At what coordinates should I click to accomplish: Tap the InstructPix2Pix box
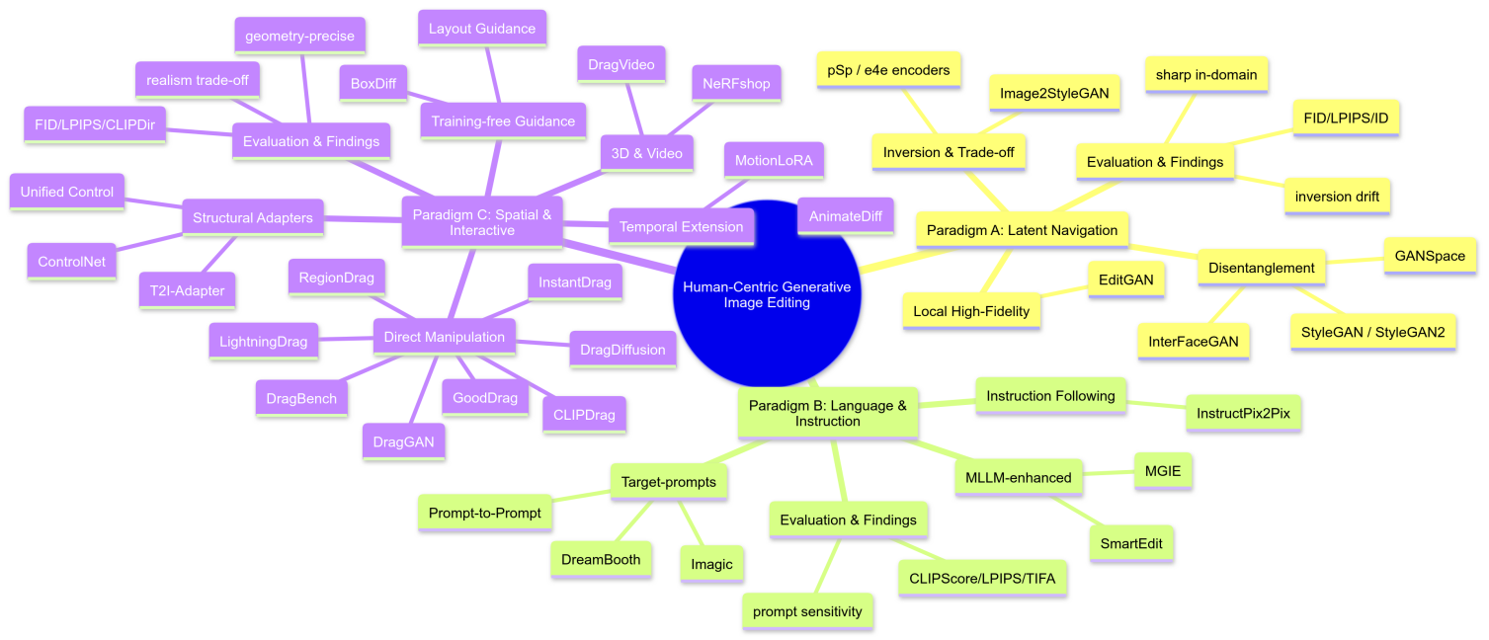[1243, 413]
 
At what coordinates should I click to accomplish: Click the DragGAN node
[403, 440]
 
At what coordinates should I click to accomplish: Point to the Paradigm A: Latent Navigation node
[1022, 230]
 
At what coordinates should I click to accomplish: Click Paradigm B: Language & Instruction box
[828, 413]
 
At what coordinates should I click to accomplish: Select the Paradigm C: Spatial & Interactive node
[482, 221]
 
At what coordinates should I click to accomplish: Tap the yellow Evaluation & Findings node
[1154, 162]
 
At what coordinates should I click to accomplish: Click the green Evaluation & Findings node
[848, 520]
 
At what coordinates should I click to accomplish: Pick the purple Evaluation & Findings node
[311, 141]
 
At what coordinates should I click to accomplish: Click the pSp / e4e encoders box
[888, 69]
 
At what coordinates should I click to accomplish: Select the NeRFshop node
[737, 83]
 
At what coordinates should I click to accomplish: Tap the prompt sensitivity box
[807, 611]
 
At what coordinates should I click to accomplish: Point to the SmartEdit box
[1130, 543]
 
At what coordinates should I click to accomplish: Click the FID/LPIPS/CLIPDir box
[95, 124]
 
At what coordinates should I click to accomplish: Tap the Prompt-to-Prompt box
[484, 514]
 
